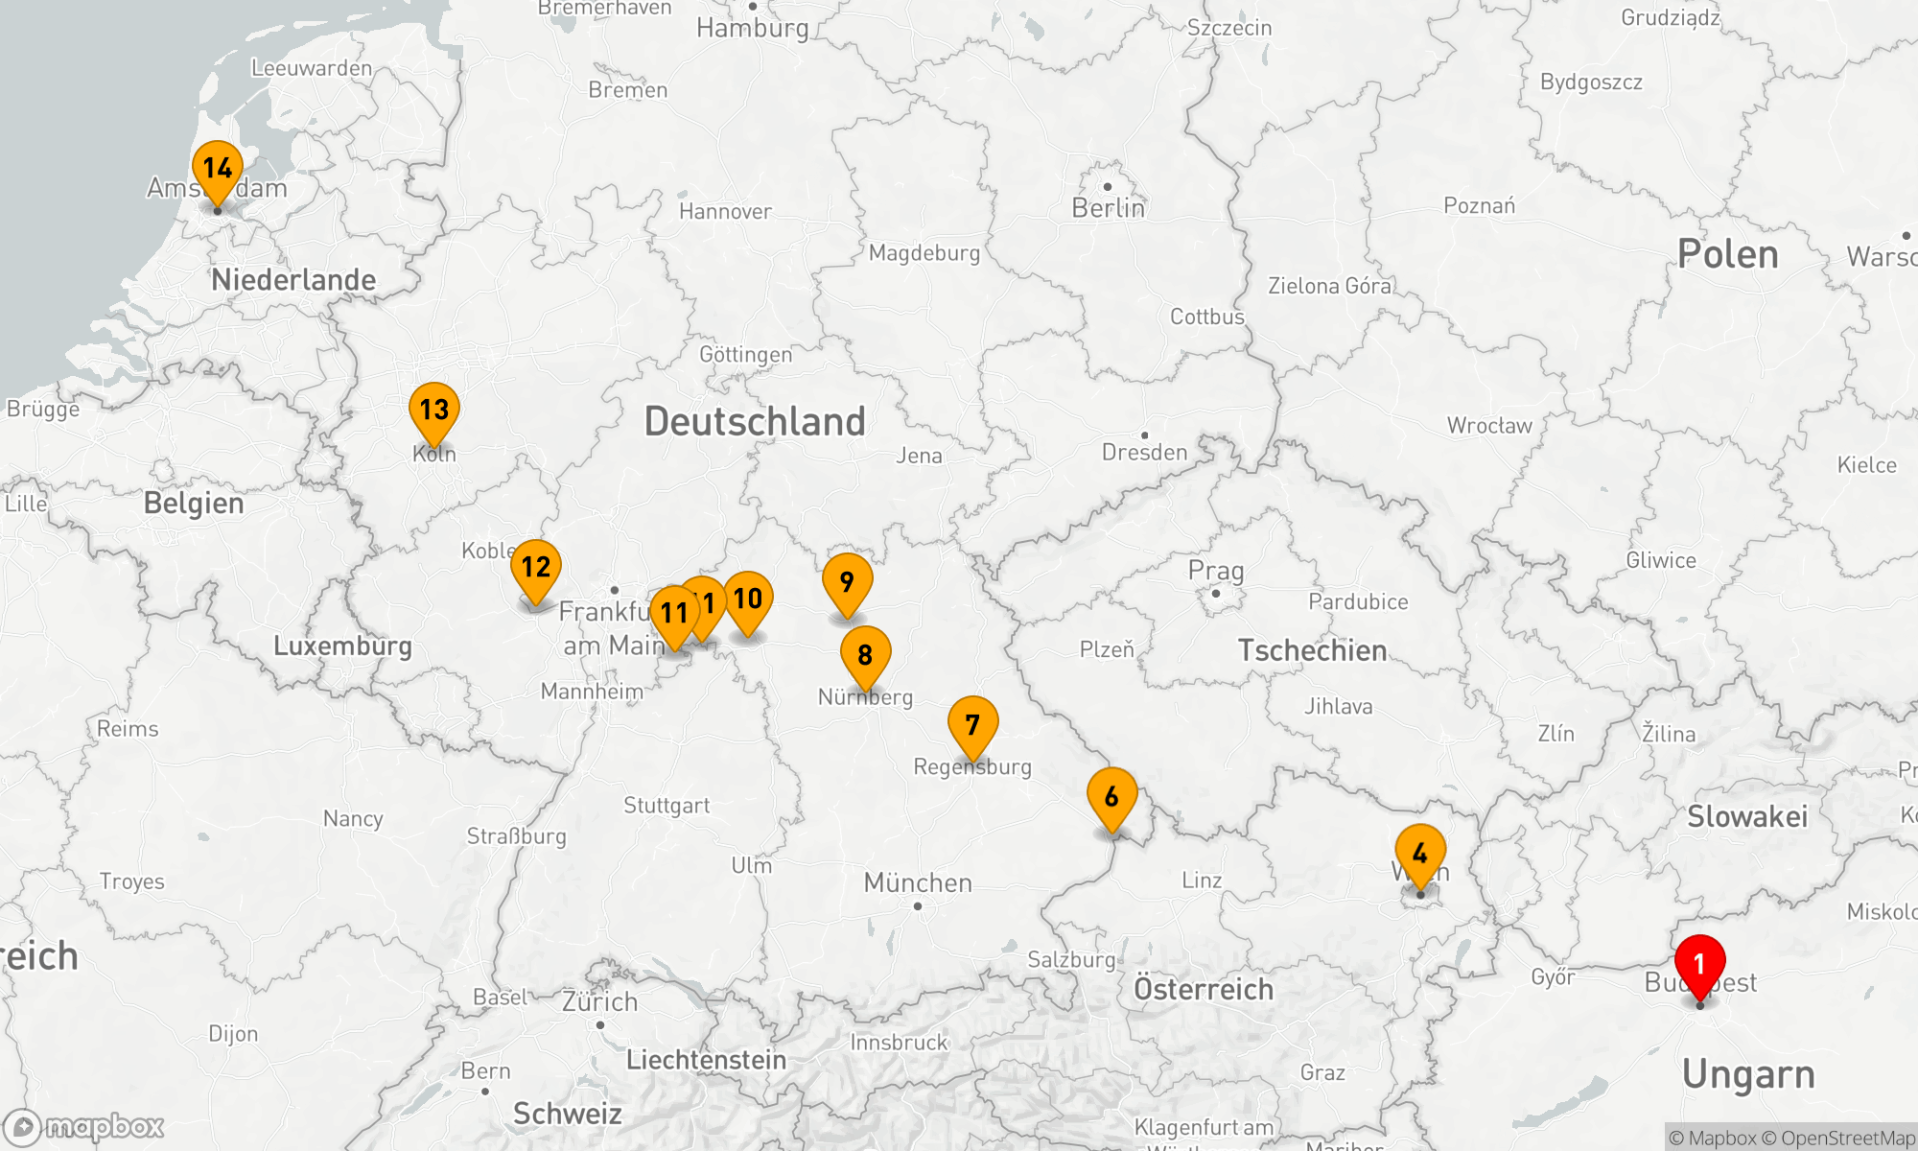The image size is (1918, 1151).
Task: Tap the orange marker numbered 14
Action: coord(218,169)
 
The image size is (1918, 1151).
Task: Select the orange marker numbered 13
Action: coord(434,410)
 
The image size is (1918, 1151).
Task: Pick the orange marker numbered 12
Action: coord(536,567)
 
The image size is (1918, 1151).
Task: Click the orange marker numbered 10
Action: coord(748,599)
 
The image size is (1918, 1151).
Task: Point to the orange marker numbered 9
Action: coord(847,581)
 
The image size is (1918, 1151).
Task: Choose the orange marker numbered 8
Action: coord(865,654)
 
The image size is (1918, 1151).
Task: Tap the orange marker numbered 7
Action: coord(972,724)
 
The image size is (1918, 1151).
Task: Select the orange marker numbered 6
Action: coord(1111,796)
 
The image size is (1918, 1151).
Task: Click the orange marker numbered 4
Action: coord(1420,852)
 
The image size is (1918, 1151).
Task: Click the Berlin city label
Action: coord(1108,207)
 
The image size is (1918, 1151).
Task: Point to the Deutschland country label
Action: coord(755,422)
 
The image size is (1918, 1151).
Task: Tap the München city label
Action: coord(918,882)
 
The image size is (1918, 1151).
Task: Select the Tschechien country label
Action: coord(1312,650)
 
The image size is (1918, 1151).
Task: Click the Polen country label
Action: coord(1727,254)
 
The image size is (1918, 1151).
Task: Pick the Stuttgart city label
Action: coord(667,805)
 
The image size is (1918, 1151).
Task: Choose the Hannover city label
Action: coord(725,211)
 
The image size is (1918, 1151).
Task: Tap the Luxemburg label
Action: coord(342,646)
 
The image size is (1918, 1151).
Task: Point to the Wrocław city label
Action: coord(1489,426)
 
